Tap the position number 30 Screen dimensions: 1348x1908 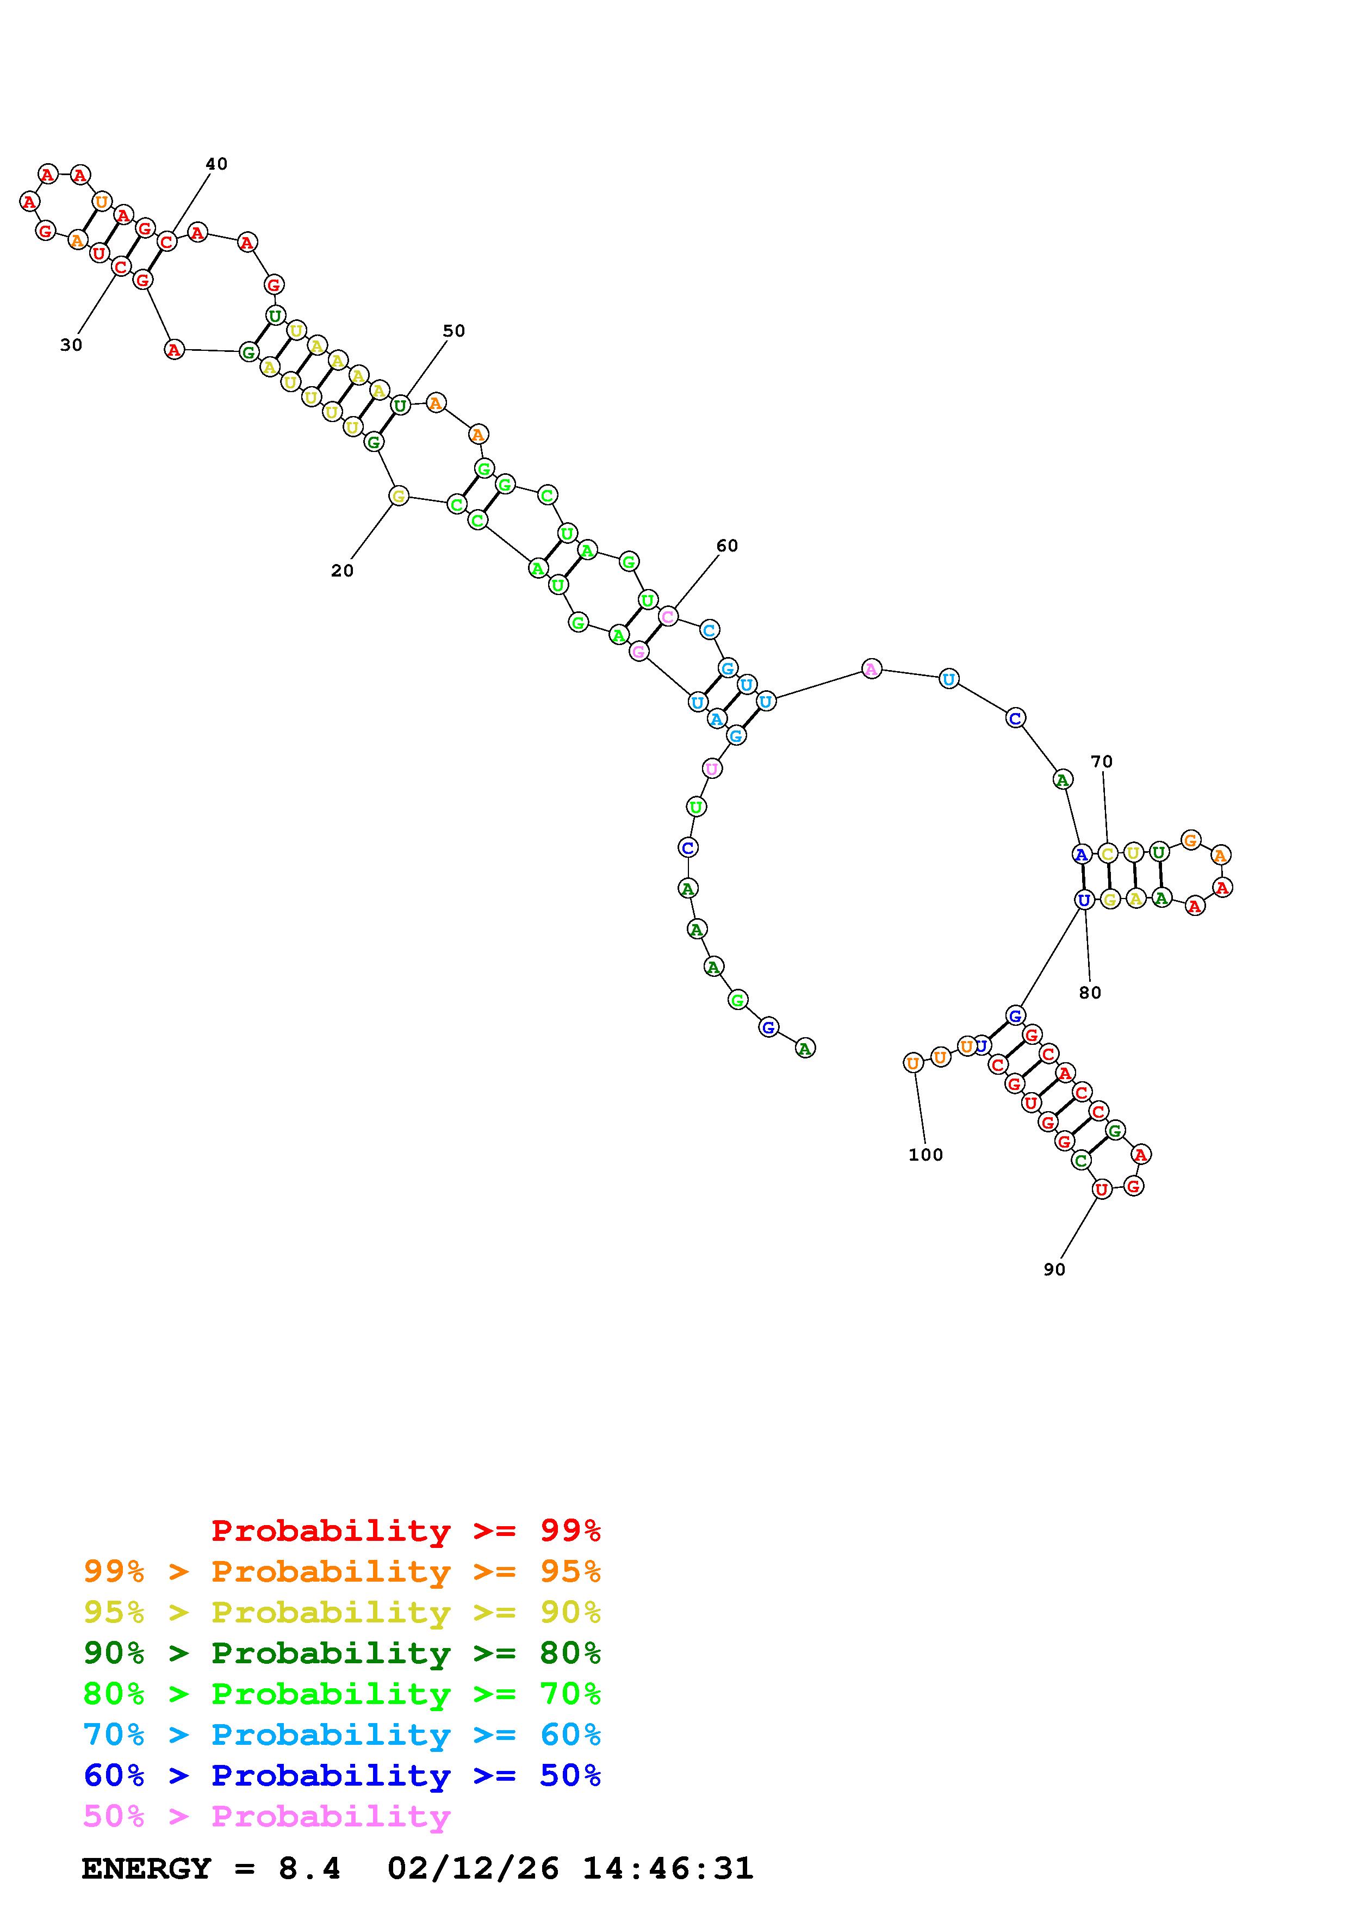tap(71, 345)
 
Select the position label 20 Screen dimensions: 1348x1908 tap(342, 571)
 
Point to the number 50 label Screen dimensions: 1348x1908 tap(454, 331)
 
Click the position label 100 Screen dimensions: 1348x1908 tap(925, 1154)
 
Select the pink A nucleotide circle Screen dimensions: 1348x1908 tap(871, 668)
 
